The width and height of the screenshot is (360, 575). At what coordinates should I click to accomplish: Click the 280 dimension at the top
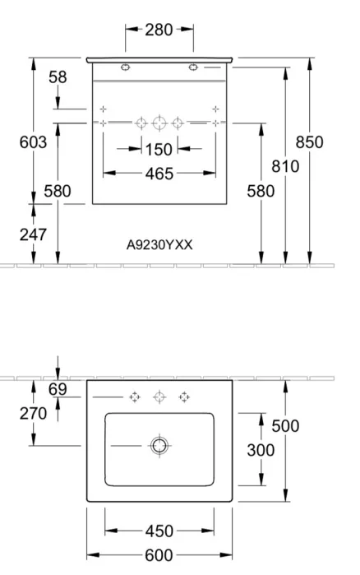159,30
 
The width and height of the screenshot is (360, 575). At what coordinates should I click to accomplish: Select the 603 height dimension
33,142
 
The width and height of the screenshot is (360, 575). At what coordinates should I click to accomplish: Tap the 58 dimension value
58,77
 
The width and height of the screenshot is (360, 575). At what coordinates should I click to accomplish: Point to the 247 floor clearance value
33,234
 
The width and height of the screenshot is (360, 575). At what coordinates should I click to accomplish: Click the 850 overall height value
310,142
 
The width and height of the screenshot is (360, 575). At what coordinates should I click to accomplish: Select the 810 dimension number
285,166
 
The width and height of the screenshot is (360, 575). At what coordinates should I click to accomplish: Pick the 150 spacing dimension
159,150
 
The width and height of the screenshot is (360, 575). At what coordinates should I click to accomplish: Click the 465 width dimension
159,174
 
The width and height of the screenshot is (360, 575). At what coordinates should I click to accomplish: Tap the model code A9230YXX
159,244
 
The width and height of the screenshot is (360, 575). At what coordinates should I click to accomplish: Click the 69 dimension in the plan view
58,389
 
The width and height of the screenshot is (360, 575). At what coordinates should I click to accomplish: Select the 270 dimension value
33,414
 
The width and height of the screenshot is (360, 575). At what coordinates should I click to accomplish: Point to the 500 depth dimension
285,426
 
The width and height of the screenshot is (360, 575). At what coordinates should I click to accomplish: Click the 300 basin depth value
261,450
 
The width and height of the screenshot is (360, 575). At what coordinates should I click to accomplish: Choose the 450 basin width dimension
159,531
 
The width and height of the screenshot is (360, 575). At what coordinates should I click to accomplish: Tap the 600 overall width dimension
159,555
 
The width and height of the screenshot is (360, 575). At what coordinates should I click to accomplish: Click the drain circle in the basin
159,446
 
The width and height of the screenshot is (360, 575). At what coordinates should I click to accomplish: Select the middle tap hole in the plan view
159,396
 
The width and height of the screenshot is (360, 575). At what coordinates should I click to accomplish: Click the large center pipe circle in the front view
159,123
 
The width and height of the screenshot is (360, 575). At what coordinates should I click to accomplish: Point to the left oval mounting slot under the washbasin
125,67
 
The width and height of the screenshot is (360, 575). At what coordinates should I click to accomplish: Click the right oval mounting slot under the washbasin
193,67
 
